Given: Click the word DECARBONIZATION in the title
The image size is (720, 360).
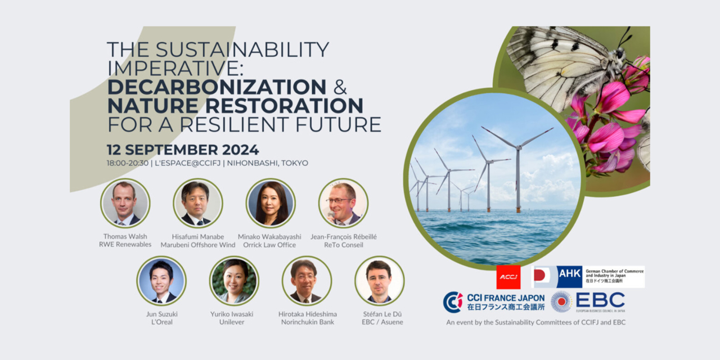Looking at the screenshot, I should tap(217, 87).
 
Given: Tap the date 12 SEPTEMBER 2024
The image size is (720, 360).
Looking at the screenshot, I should tap(183, 150).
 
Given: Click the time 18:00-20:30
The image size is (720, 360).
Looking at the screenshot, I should tap(127, 163).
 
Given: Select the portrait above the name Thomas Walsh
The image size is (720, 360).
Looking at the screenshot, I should tap(125, 203).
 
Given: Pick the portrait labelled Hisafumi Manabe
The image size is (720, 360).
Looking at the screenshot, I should tap(198, 203).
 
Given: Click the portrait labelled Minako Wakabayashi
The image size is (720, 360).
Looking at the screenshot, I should tap(271, 203).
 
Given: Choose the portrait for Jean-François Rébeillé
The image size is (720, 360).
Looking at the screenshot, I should tap(343, 203).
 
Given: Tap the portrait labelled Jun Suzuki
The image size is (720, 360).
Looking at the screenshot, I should tap(161, 281).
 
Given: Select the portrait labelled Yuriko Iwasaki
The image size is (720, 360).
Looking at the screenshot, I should tap(234, 281).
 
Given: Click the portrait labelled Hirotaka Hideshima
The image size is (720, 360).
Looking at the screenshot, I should tap(307, 281).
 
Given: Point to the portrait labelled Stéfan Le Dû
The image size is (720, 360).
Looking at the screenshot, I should tap(379, 281).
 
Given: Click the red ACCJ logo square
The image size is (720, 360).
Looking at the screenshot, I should tap(508, 277).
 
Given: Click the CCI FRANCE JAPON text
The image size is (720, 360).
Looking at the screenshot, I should tap(506, 298).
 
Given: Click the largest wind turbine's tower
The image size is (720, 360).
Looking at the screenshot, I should tap(517, 180).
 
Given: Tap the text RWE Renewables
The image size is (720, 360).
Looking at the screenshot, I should tap(125, 245).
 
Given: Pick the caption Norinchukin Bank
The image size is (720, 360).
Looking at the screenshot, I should tap(307, 322).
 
